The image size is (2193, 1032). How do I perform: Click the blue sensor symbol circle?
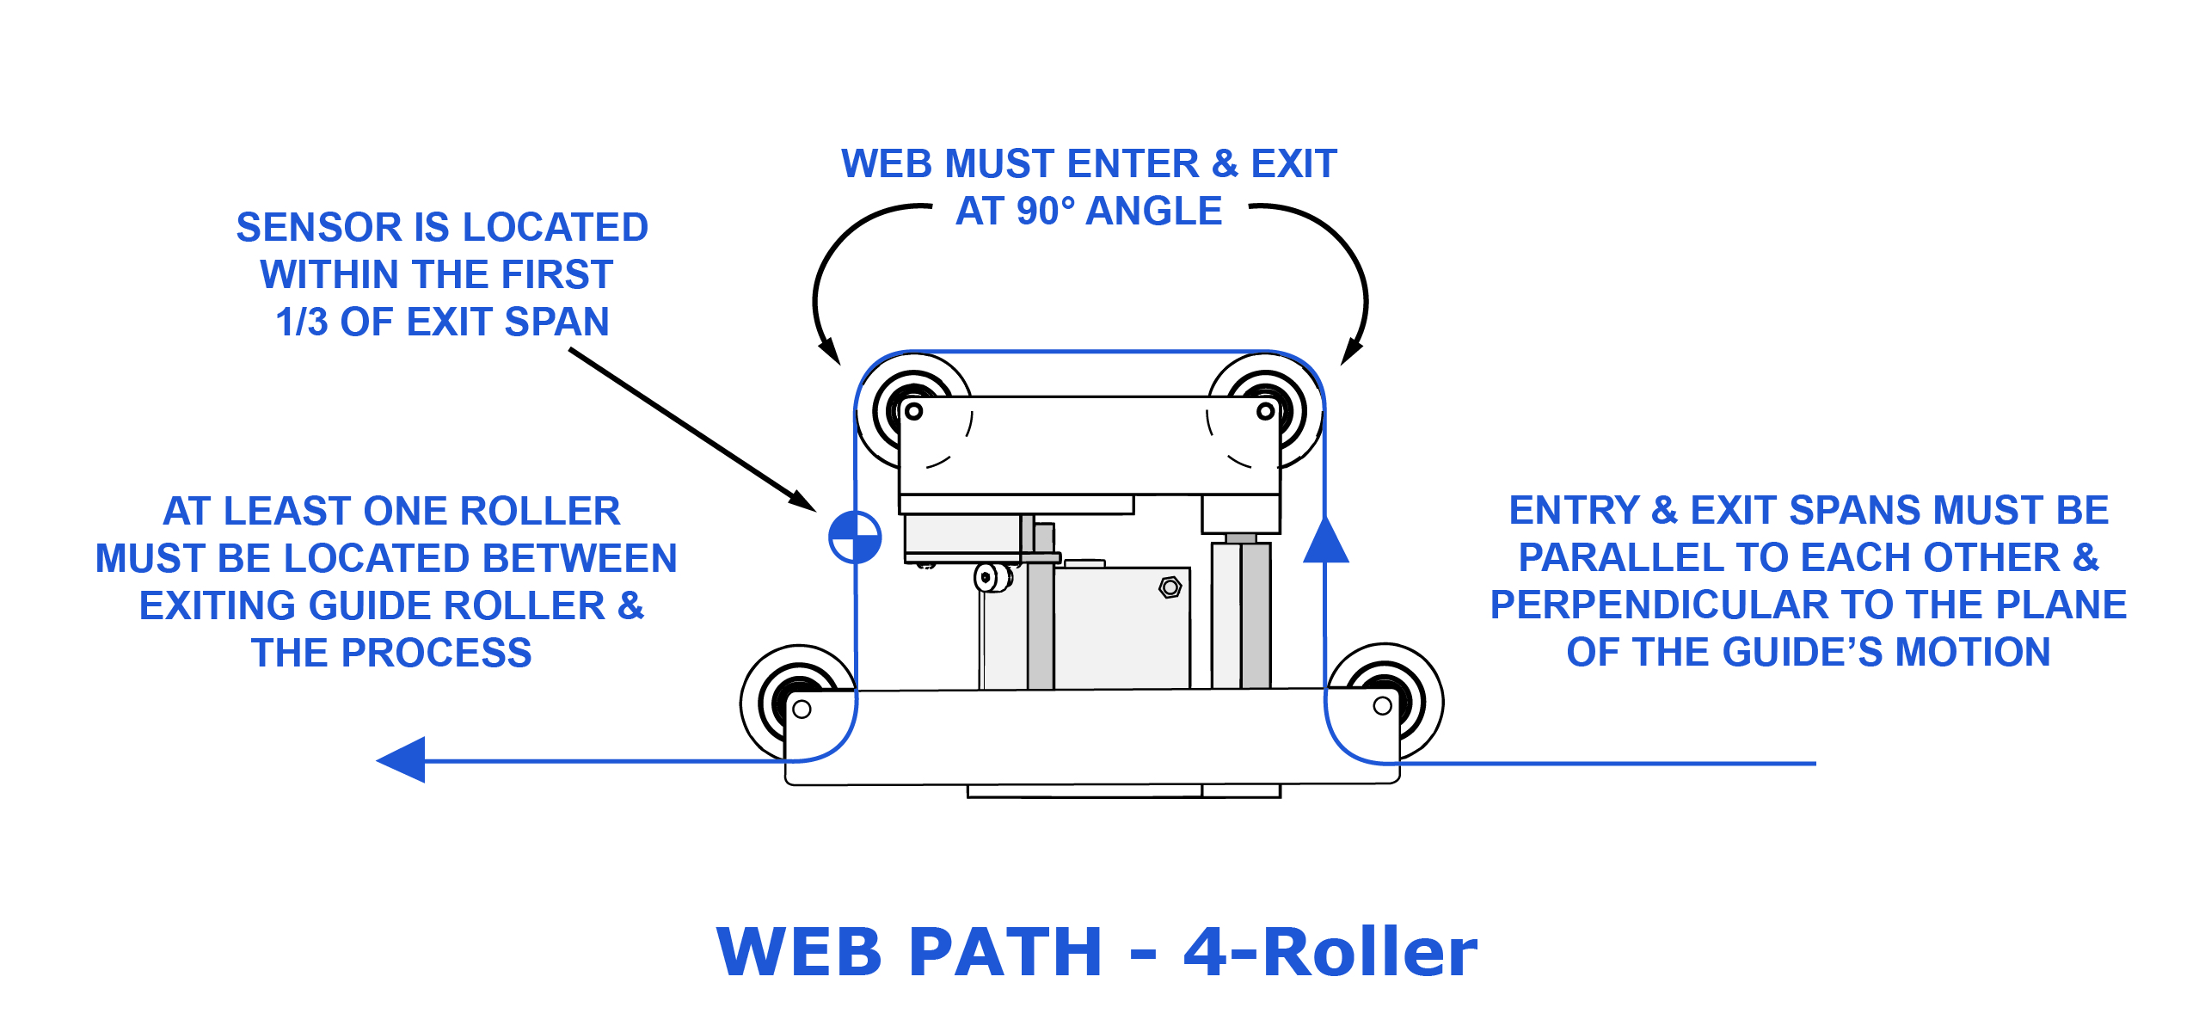[x=855, y=537]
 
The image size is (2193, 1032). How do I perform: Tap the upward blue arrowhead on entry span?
[x=1325, y=542]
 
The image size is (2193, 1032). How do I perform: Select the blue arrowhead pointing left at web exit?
[x=402, y=760]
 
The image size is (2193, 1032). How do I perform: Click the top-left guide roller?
[x=913, y=410]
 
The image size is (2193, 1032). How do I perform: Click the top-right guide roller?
[x=1266, y=410]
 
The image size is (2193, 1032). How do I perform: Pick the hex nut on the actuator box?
[x=1170, y=587]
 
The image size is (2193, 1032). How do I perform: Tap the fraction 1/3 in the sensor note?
[x=302, y=322]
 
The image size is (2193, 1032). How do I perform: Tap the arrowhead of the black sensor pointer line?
[x=803, y=502]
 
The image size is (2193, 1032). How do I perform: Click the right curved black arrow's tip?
[x=1349, y=354]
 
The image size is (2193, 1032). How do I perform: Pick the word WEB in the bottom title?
[x=799, y=953]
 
